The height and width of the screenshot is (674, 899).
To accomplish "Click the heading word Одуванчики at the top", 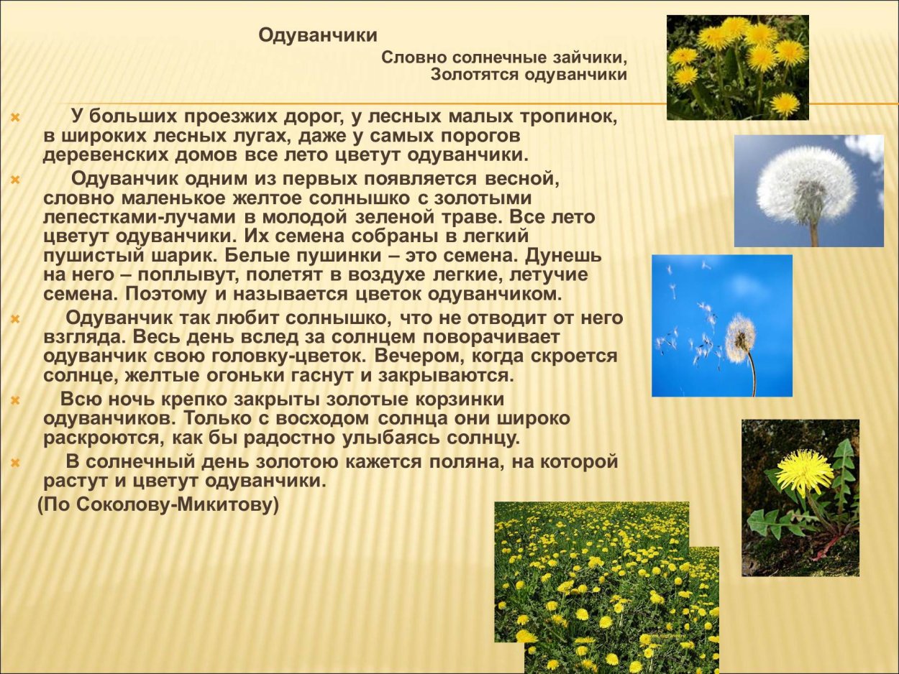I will (x=318, y=35).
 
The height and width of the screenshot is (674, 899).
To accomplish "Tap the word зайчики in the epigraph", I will (x=592, y=57).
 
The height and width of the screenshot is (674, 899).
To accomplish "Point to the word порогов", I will (x=477, y=136).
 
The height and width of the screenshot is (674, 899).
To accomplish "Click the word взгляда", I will (x=76, y=337).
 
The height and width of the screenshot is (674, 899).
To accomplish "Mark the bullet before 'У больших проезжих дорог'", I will (x=16, y=116).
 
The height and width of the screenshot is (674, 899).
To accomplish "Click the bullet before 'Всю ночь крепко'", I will (x=16, y=400).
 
